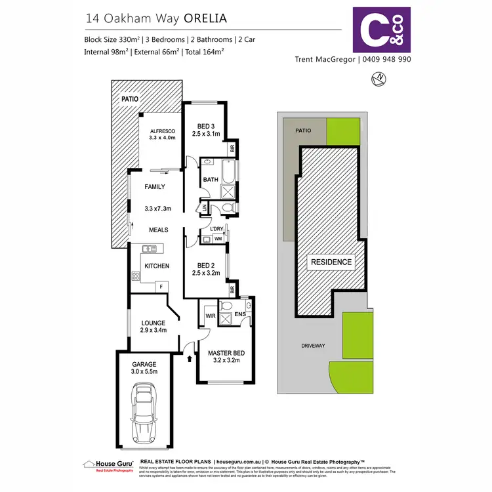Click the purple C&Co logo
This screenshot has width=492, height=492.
382,30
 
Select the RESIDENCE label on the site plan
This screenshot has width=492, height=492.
331,262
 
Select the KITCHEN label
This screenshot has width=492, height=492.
157,266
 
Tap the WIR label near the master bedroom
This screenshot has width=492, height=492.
211,316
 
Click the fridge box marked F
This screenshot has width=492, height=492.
161,287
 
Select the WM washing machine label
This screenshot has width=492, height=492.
217,239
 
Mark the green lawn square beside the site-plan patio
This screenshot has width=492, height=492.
344,131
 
